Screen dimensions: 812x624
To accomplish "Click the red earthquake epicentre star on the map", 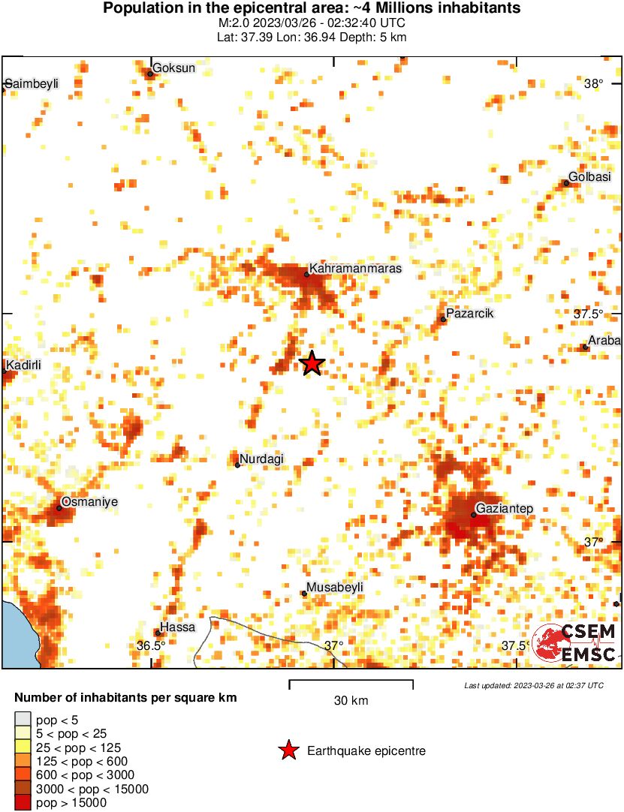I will point(312,363).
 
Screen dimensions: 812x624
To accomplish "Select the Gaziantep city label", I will point(505,509).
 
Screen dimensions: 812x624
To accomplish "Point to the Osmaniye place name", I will point(89,501).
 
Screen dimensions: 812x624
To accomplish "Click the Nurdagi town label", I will point(261,459).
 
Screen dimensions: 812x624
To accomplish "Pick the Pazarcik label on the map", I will point(469,313).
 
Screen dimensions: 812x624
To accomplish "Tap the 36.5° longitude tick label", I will point(151,645).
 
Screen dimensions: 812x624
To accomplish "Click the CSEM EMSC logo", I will point(574,643).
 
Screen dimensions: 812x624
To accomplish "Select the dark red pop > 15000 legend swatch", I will point(23,803).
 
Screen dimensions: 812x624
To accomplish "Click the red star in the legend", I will point(288,750).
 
